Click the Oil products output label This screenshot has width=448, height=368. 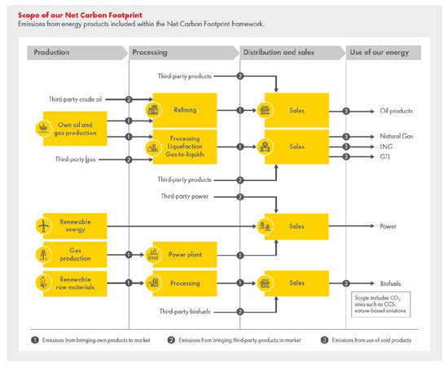pyautogui.click(x=397, y=110)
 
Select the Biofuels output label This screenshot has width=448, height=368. pyautogui.click(x=390, y=283)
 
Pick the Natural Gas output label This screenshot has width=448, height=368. pyautogui.click(x=397, y=136)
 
